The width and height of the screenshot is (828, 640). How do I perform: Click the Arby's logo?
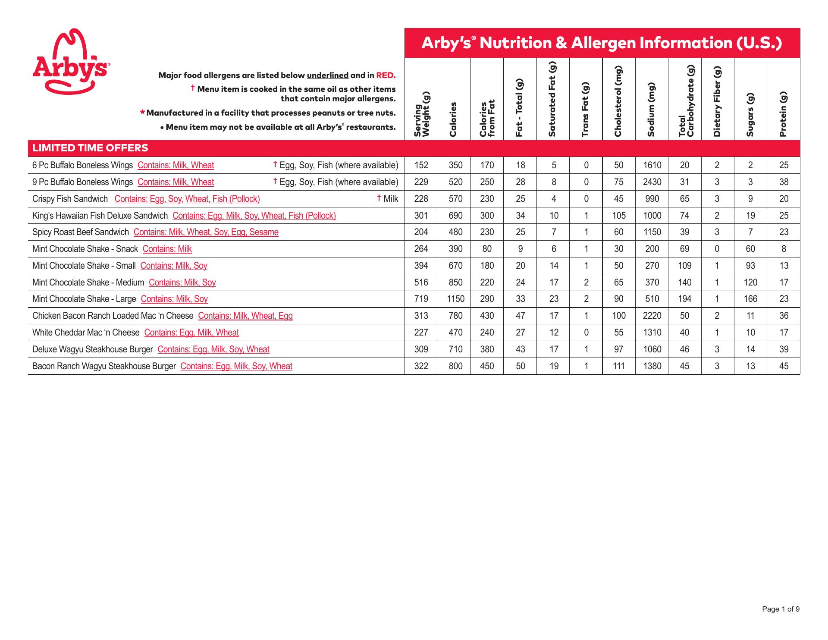[x=71, y=62]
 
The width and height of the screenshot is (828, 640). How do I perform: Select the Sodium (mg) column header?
[x=652, y=110]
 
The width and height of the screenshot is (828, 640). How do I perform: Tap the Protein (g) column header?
[x=784, y=114]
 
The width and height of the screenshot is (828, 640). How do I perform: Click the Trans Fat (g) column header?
[x=586, y=110]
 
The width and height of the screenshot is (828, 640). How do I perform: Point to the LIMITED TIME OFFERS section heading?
[x=90, y=148]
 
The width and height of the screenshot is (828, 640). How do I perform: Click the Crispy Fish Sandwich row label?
[x=70, y=199]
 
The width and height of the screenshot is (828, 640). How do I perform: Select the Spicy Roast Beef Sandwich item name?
[x=81, y=232]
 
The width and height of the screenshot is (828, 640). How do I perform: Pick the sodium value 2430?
[x=652, y=182]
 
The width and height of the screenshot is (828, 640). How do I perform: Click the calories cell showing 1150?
[x=455, y=299]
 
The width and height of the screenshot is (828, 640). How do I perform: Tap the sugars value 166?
[x=750, y=299]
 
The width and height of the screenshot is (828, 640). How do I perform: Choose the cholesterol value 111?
[x=618, y=366]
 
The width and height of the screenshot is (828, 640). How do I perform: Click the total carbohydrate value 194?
[x=684, y=299]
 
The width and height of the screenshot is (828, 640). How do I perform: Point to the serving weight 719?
[x=421, y=299]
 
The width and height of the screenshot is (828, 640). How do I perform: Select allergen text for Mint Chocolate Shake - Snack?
[x=167, y=249]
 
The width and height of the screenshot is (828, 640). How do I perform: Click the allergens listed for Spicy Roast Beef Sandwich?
[x=206, y=232]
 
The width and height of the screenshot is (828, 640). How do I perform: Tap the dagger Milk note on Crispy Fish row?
[x=388, y=199]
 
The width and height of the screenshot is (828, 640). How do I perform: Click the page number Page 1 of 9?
[x=781, y=609]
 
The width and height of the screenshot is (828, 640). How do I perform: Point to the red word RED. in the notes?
[x=386, y=75]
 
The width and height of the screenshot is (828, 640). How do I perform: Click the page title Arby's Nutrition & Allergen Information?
[x=602, y=43]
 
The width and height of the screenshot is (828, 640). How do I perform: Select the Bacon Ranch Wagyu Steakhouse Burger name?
[x=104, y=366]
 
